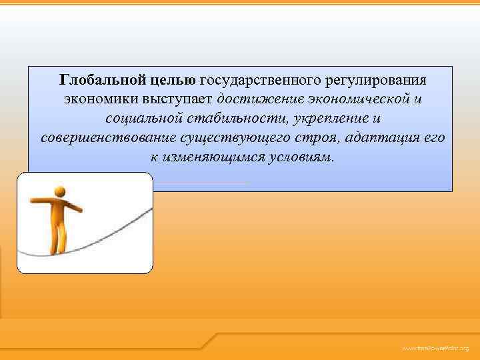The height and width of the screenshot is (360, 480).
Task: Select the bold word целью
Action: coord(168,80)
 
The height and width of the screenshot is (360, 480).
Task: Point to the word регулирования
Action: coord(375,80)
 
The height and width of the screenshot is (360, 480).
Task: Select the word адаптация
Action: coord(376,138)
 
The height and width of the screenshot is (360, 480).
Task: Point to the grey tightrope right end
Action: coord(150,212)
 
